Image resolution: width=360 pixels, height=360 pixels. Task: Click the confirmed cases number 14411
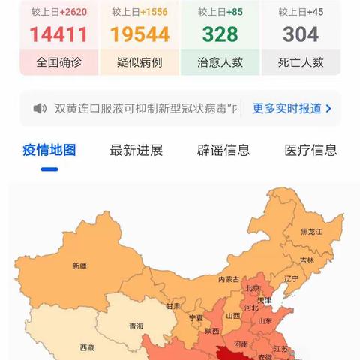(58, 34)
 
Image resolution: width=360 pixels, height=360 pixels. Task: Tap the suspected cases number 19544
(139, 34)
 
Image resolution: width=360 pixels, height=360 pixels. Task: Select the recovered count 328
(220, 34)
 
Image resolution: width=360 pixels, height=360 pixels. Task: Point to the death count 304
(301, 34)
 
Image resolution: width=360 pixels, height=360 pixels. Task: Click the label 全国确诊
(58, 61)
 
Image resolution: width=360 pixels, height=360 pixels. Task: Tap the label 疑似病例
(139, 61)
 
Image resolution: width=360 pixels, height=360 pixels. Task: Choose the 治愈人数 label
(220, 61)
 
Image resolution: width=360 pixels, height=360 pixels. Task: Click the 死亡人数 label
(301, 61)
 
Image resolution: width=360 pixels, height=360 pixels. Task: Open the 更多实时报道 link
(292, 108)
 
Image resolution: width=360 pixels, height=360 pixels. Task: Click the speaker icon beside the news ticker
(40, 108)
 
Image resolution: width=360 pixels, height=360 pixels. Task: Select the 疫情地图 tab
(49, 150)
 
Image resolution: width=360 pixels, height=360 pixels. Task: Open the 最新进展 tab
(136, 150)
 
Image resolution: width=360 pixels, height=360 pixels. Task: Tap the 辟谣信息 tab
(223, 150)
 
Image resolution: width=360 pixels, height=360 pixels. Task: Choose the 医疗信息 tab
(310, 150)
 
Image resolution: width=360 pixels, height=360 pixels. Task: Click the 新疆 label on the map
(79, 265)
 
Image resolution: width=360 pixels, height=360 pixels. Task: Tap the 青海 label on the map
(136, 326)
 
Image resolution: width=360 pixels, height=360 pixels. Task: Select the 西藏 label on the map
(87, 348)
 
